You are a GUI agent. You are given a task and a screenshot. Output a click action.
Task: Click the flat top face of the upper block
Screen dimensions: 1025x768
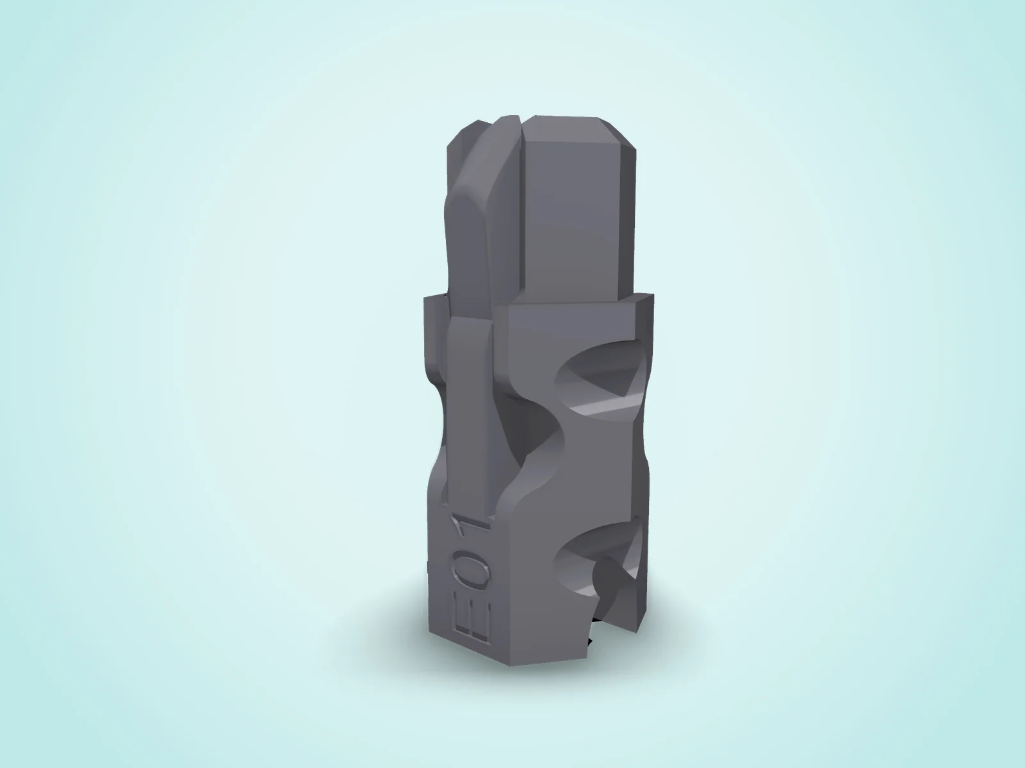[566, 123]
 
